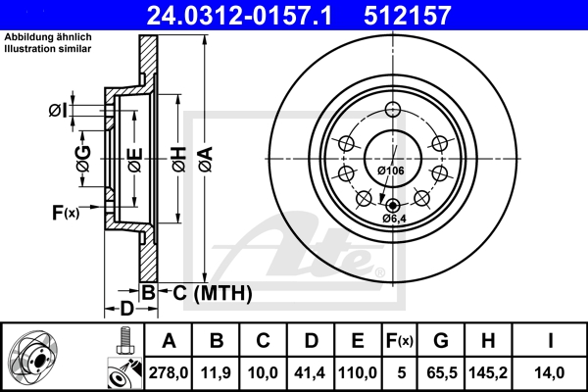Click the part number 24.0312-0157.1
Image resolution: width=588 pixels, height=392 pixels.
pos(252,15)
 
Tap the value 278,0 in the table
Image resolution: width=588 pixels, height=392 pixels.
pos(169,372)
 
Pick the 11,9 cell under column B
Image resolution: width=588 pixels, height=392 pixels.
pos(217,372)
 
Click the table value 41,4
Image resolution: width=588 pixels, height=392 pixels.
pos(311,372)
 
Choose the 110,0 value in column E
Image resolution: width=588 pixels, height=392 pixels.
pos(358,372)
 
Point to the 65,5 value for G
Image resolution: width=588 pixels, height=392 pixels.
pos(441,372)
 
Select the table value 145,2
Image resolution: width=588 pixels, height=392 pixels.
pos(490,372)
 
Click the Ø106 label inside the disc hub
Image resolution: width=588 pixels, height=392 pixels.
pos(391,171)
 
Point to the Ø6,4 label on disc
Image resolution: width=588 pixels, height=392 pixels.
pos(394,218)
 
